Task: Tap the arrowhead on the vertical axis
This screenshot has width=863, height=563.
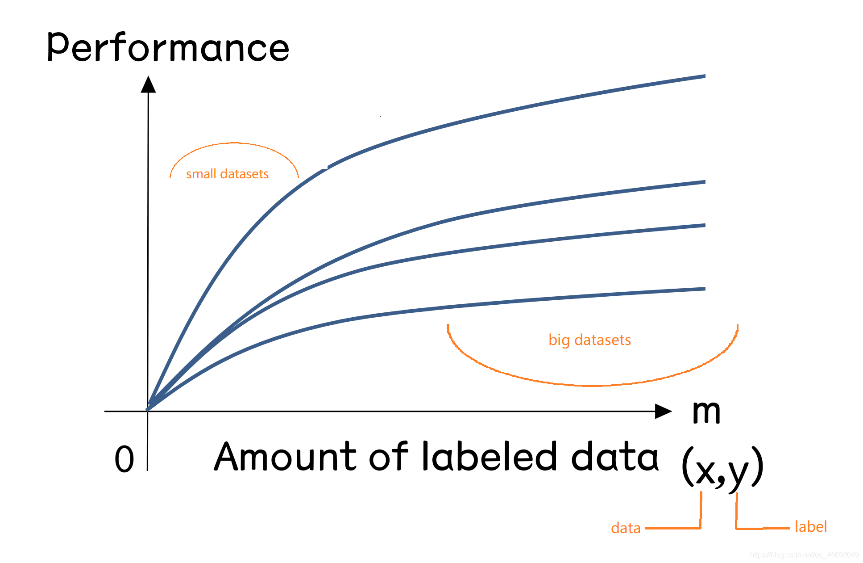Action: tap(148, 84)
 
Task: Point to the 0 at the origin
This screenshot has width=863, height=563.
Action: tap(124, 459)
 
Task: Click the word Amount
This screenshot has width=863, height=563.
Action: tap(285, 457)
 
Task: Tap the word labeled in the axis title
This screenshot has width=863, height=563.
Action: tap(489, 457)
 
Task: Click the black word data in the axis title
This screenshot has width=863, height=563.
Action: tap(615, 457)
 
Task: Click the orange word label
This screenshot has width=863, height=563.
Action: tap(811, 526)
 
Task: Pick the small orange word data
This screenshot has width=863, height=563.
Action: tap(626, 528)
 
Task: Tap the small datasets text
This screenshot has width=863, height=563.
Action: tap(227, 174)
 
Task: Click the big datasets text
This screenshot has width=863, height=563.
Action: tap(589, 340)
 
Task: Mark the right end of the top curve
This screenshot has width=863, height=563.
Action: tap(704, 76)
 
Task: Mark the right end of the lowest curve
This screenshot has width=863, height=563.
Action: tap(704, 289)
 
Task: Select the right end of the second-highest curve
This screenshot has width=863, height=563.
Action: tap(704, 182)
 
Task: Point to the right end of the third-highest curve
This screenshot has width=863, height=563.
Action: tap(704, 225)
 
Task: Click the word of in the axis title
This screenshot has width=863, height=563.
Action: tap(388, 457)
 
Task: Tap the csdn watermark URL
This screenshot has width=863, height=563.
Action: tap(804, 555)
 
